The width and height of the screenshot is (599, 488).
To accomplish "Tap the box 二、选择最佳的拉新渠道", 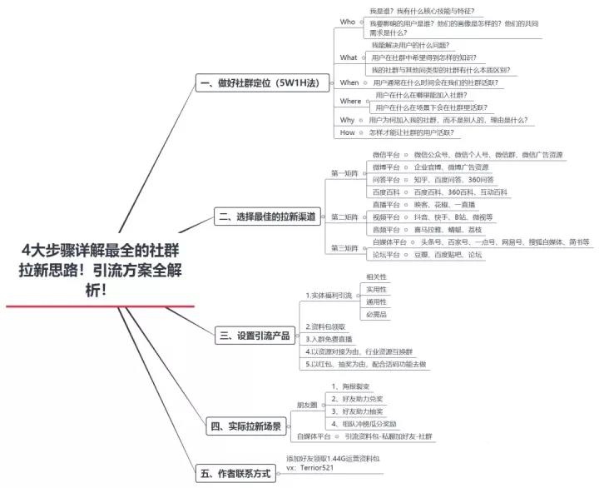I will coord(266,217).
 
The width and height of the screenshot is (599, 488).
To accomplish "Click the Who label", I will coord(348,22).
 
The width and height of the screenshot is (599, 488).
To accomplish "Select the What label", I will coord(349,57).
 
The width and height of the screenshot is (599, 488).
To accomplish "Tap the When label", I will coord(349,82).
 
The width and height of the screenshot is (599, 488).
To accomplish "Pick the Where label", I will coord(351,101).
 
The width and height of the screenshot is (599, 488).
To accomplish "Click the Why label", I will coord(348,120).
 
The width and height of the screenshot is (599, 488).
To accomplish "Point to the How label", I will coord(348,132).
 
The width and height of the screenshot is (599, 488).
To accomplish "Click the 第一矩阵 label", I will coord(344,173).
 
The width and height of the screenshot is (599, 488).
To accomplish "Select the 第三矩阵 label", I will coord(344,247).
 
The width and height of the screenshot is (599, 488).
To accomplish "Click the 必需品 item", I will coord(377,314).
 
